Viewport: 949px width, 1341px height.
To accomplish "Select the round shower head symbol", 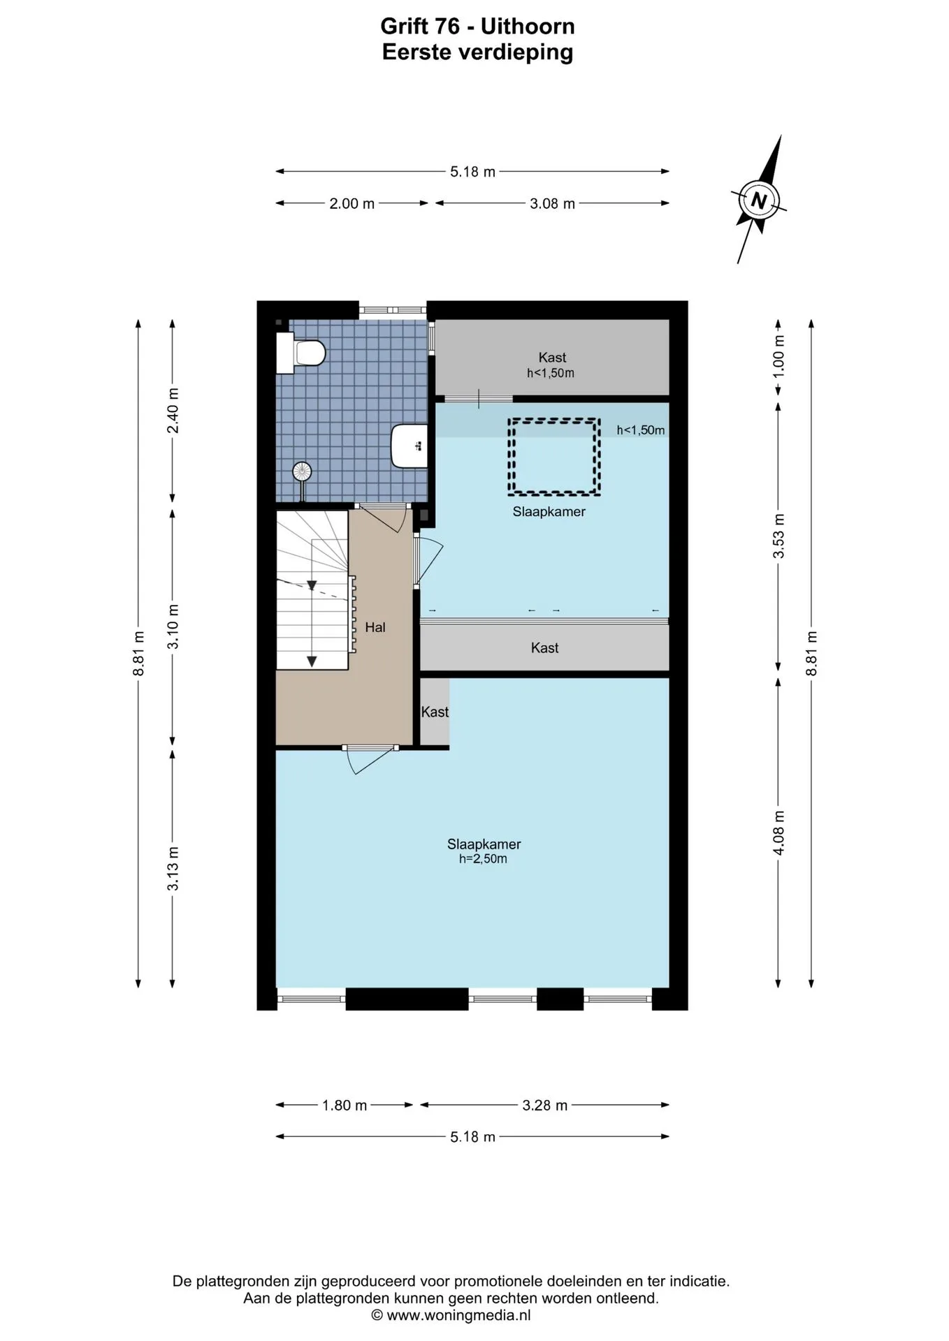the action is point(302,471).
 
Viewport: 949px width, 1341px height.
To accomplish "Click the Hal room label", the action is point(375,627).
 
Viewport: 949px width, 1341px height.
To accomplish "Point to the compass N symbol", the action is point(760,200).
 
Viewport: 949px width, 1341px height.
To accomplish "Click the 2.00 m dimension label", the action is point(352,204).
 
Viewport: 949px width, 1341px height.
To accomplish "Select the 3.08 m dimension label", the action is point(552,204).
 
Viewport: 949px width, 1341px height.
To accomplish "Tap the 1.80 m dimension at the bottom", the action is point(345,1106).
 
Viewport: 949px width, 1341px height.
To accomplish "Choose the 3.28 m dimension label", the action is point(545,1106).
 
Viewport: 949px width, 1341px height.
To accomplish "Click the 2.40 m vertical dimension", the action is point(173,411).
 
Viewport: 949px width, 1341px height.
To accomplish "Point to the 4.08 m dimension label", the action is point(779,832).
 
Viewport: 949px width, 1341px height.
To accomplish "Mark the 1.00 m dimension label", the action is point(779,356).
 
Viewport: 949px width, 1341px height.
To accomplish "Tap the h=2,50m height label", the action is point(483,859).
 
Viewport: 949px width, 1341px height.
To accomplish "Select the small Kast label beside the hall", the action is point(435,712).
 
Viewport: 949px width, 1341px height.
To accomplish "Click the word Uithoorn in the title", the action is point(527,27).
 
